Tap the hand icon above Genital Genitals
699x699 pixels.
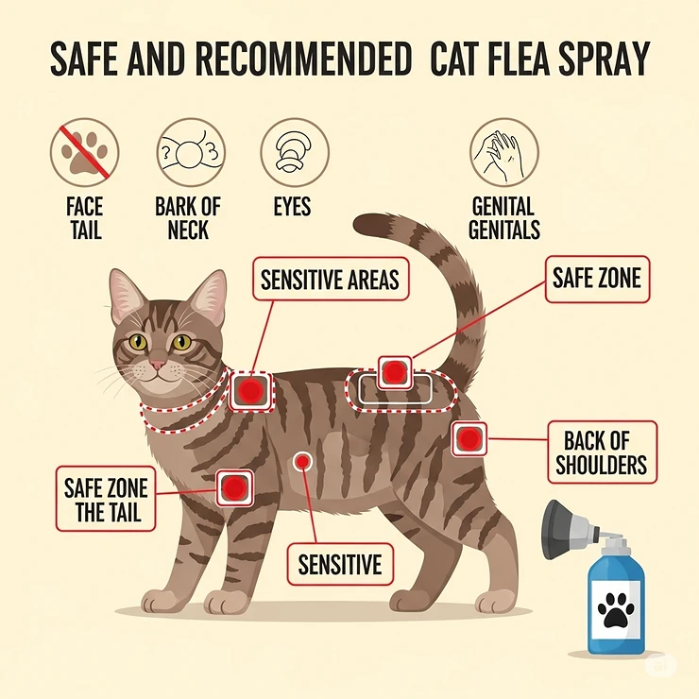503,152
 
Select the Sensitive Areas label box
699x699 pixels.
330,280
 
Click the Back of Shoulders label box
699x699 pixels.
602,452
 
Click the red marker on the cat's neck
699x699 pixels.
250,390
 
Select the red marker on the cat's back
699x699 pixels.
394,371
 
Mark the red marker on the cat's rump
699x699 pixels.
469,438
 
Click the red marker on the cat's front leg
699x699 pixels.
232,487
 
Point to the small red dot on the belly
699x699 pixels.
302,461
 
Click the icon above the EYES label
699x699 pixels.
293,152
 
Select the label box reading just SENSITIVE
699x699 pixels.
340,564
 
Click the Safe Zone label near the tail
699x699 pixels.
596,279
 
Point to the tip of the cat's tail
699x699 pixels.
364,225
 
